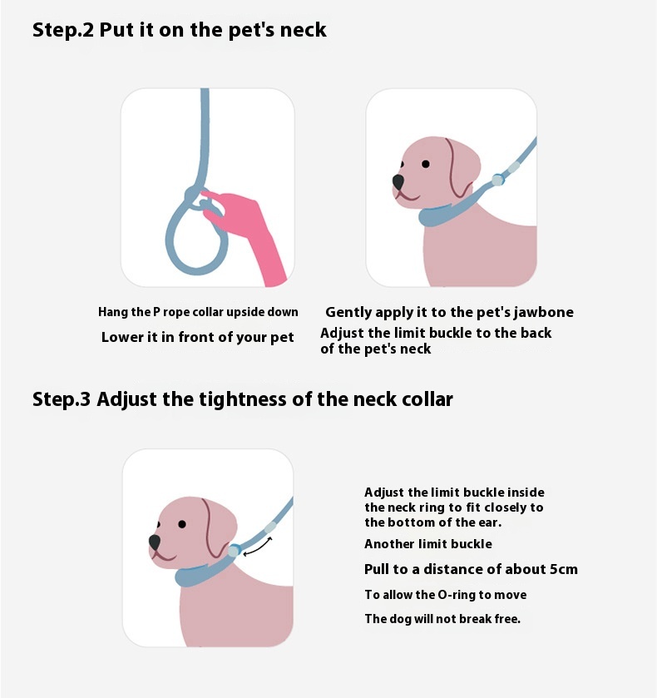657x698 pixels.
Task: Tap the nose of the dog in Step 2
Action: (x=398, y=181)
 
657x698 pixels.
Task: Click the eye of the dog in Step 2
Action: (x=426, y=164)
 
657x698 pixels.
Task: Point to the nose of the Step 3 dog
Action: (x=155, y=542)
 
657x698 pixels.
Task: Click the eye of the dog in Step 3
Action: (x=182, y=524)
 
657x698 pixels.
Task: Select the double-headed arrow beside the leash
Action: (x=258, y=547)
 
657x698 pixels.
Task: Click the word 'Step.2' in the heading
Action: (x=63, y=30)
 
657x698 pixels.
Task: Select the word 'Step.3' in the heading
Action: (x=62, y=399)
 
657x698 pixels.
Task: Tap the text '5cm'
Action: (x=564, y=569)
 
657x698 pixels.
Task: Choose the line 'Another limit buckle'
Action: (x=428, y=544)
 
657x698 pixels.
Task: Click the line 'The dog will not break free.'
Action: (x=442, y=619)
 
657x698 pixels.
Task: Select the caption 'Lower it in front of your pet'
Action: (x=198, y=337)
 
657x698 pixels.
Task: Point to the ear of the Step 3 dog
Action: (x=216, y=530)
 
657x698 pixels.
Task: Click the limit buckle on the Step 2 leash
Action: (x=498, y=180)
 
